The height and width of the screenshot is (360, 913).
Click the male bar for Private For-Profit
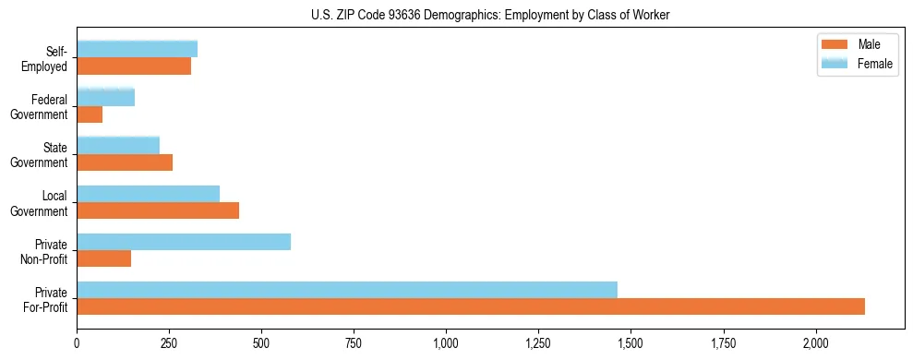point(471,306)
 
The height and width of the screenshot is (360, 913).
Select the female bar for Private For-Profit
point(347,290)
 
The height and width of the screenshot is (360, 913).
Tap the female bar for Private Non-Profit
point(184,242)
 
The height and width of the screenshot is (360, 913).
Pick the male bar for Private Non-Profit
point(104,258)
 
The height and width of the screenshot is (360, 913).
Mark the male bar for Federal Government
point(90,114)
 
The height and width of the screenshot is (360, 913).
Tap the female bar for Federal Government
point(106,97)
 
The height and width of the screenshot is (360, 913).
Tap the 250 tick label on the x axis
point(169,343)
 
